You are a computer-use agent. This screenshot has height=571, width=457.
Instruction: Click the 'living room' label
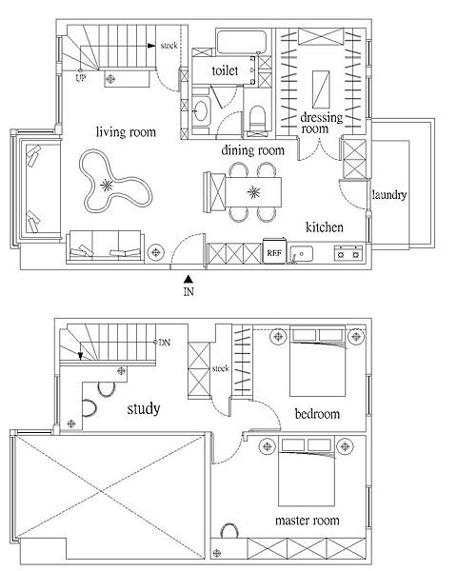(126, 132)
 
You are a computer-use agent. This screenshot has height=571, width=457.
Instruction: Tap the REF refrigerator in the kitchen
(274, 250)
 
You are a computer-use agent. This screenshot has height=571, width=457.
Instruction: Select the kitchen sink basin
(302, 254)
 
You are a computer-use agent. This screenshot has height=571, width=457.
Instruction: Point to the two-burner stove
(348, 253)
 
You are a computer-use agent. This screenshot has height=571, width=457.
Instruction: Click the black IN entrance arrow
(189, 279)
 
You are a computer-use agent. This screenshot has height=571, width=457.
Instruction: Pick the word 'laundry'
(388, 195)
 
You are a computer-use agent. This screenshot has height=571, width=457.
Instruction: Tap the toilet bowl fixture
(257, 118)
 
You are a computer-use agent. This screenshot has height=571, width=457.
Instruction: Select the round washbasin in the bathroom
(200, 110)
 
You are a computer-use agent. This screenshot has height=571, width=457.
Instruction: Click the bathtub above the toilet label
(242, 42)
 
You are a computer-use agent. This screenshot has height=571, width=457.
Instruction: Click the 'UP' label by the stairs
(81, 78)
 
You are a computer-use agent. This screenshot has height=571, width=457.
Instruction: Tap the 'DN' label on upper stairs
(165, 343)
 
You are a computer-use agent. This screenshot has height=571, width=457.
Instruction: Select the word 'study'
(144, 409)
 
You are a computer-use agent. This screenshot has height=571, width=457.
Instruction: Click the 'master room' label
(308, 521)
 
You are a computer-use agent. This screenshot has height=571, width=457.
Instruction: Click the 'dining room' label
(252, 150)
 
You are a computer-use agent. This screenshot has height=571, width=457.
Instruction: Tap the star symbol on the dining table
(253, 192)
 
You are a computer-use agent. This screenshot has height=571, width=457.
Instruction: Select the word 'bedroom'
(317, 414)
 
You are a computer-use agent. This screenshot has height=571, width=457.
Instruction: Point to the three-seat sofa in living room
(106, 246)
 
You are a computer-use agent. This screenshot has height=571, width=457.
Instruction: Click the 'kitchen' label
(324, 227)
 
